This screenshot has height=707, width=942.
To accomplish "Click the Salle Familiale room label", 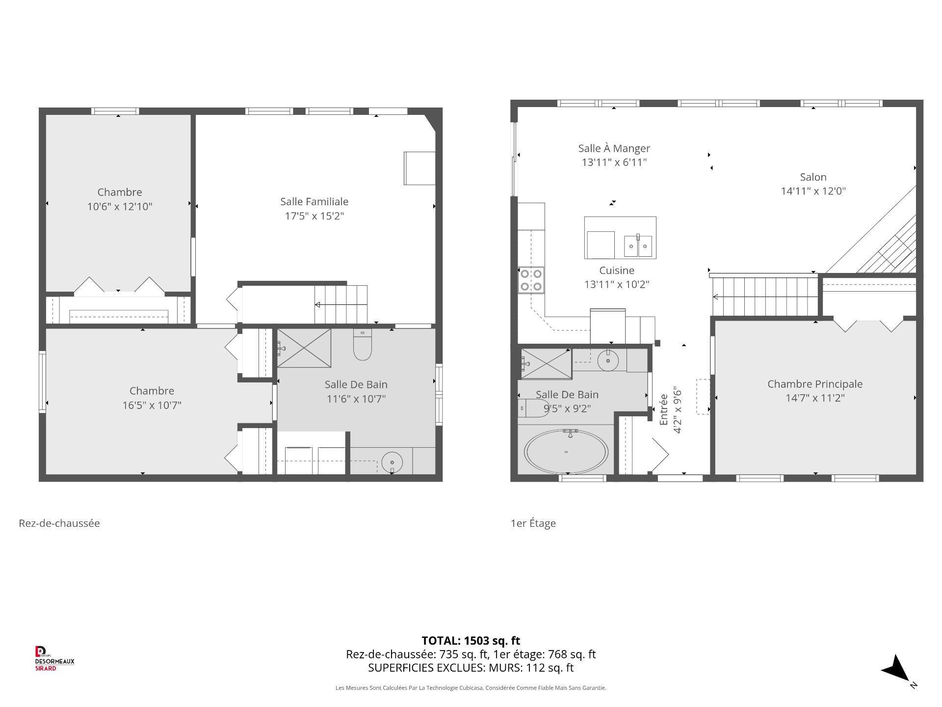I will point(314,201).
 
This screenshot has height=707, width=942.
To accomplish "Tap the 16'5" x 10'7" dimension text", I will point(152,405).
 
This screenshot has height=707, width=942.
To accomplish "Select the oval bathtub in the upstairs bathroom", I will point(566,452).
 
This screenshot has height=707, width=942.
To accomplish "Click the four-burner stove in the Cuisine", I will point(531,280).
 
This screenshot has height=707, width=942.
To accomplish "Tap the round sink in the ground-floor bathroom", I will point(392,462).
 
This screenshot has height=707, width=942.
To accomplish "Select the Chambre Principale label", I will point(814,384).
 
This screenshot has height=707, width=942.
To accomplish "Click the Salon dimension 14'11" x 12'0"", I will point(813,191).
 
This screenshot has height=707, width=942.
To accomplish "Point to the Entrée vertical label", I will point(664,409).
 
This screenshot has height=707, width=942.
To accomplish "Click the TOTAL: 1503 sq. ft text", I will point(471,640).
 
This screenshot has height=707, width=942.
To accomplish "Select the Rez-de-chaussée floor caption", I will point(59,523).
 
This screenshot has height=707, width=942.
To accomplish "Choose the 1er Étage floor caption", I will point(533,523).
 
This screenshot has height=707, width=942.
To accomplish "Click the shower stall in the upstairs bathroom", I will point(546,364).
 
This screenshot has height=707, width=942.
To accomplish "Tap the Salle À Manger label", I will point(614,148).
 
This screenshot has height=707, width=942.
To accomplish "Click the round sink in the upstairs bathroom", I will point(608,361).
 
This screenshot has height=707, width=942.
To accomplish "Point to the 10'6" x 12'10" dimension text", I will point(120,206).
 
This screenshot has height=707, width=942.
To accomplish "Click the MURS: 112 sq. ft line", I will point(471,668).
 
